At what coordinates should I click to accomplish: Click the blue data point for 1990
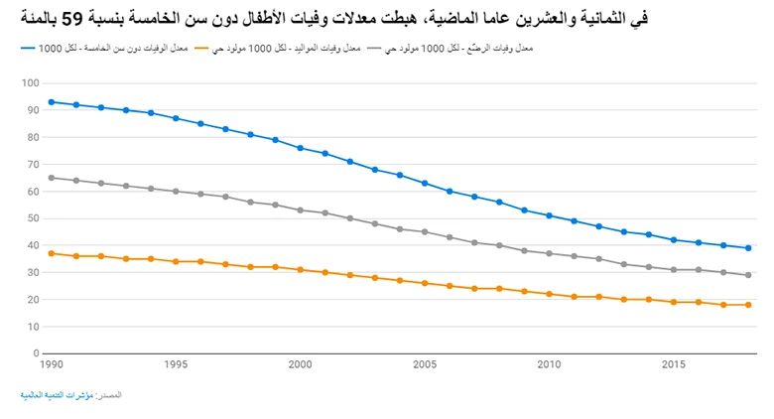tap(52, 101)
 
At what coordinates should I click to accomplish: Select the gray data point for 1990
tap(52, 178)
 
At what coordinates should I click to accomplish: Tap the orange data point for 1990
tap(52, 253)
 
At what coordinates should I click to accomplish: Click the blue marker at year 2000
tap(300, 148)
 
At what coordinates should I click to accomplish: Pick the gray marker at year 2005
tap(425, 231)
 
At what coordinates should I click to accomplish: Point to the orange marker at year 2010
tap(549, 294)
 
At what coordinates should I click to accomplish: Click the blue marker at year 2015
tap(674, 239)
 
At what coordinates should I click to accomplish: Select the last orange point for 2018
tap(748, 305)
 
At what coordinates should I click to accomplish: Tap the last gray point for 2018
tap(748, 275)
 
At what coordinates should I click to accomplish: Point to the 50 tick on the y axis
tap(33, 218)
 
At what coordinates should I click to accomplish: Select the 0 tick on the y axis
tap(36, 353)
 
